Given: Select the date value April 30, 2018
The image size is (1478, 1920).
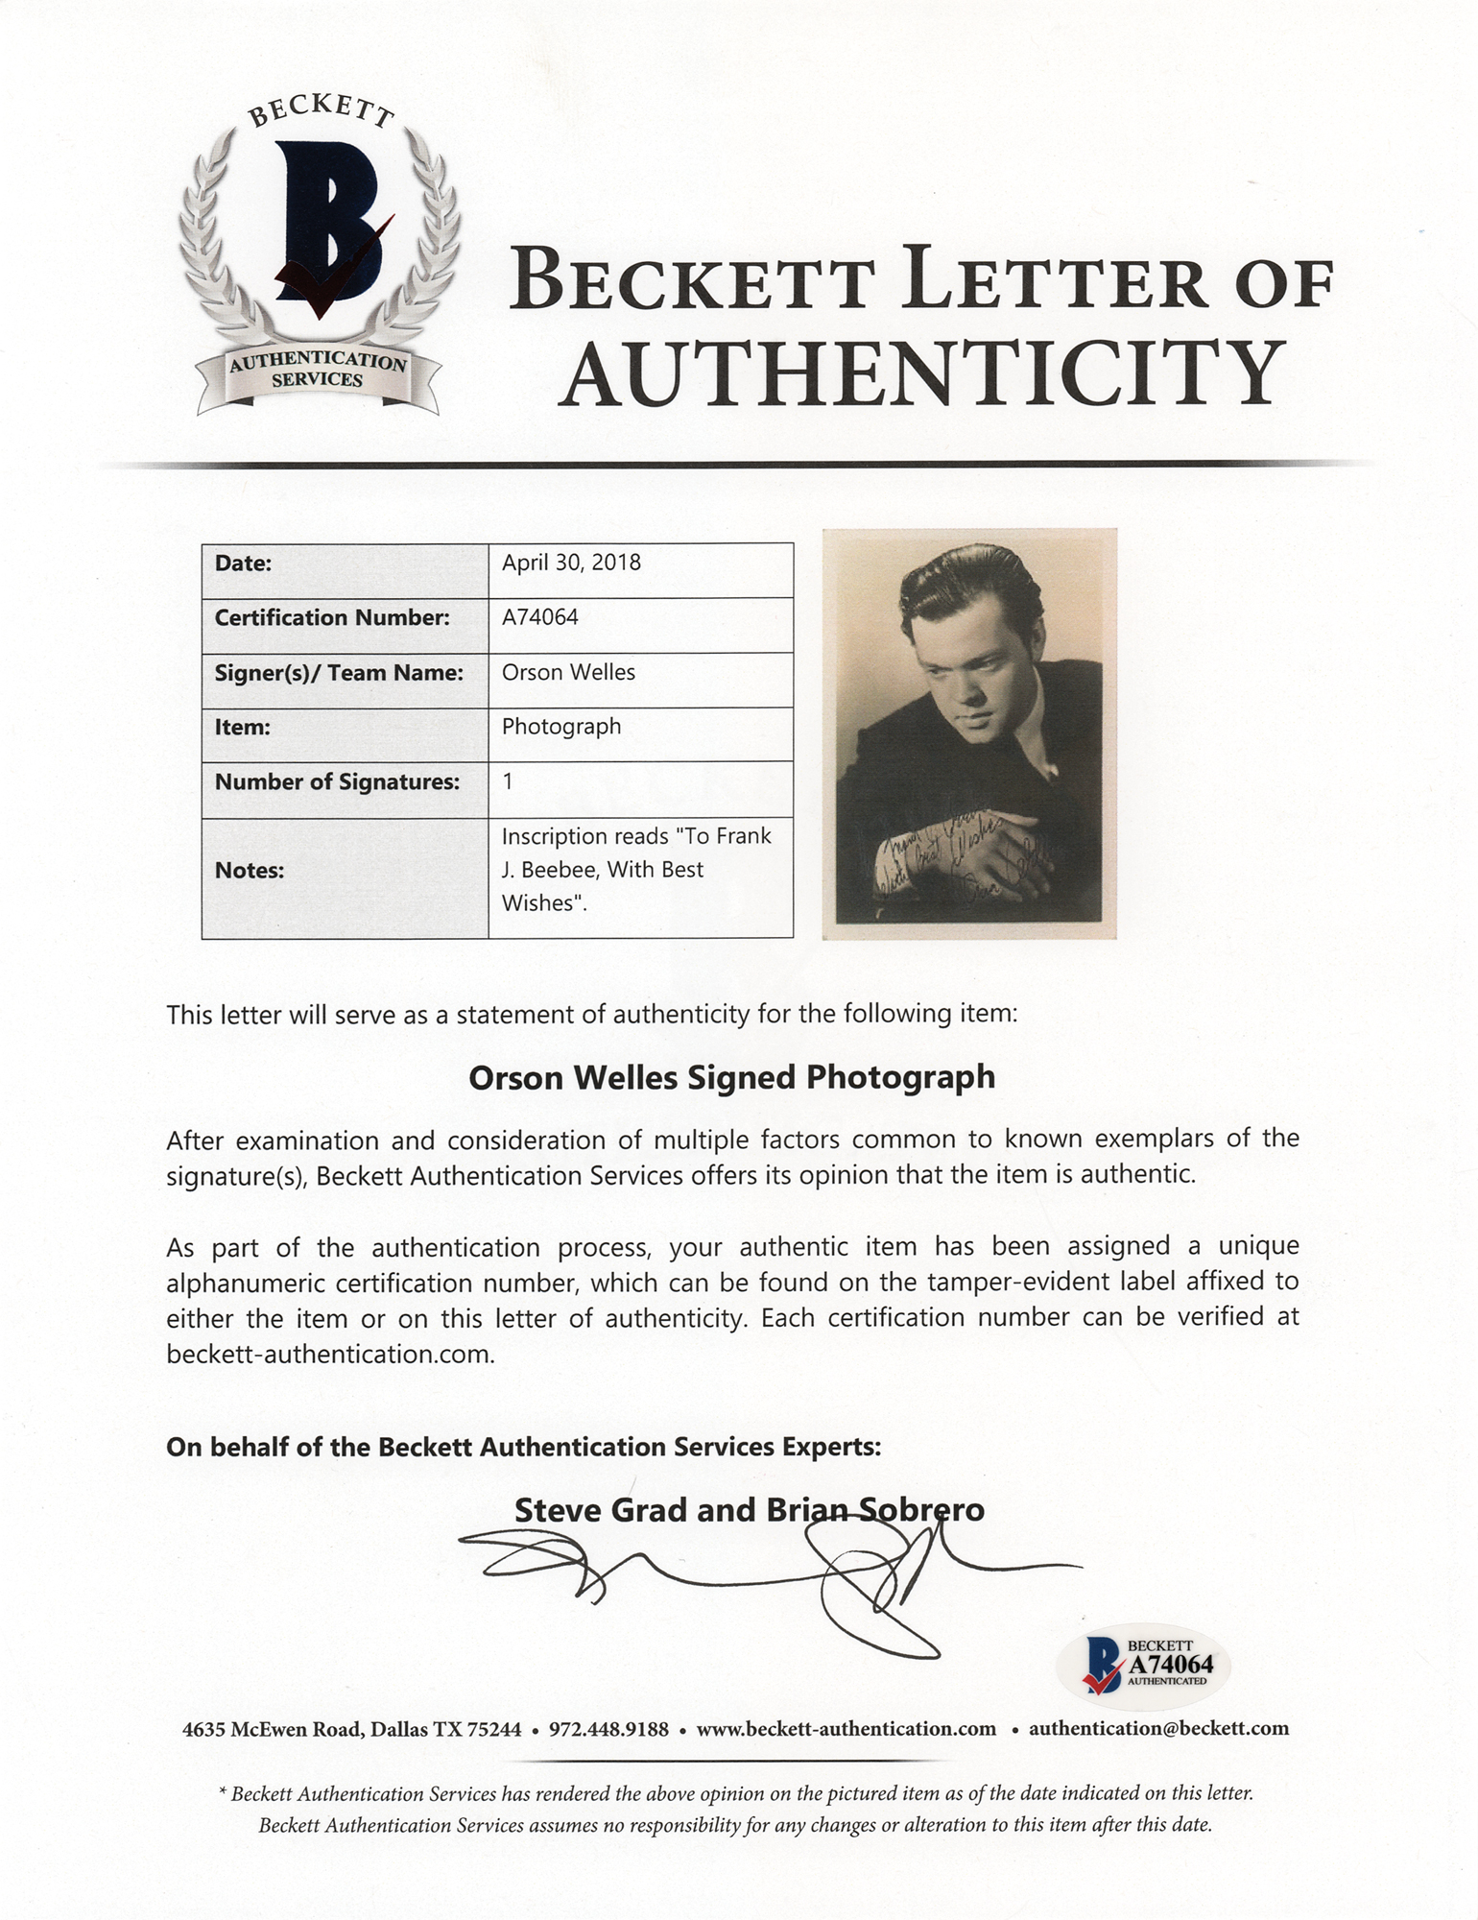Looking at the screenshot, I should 571,562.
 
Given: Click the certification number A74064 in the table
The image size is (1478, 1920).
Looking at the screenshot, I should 539,617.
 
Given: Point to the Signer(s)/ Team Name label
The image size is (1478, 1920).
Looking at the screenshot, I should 338,673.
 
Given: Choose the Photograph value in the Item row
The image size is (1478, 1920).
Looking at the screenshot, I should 560,727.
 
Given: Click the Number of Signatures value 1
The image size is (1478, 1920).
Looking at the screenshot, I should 508,781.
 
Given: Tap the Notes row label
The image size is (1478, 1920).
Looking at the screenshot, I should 249,871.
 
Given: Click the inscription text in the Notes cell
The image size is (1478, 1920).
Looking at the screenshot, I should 635,870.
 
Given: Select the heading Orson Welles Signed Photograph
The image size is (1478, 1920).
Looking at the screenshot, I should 731,1078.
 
